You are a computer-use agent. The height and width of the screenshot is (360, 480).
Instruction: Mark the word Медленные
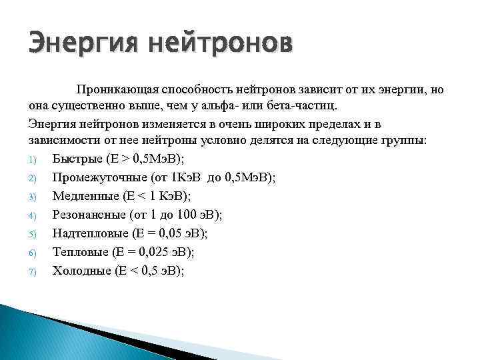click(x=85, y=196)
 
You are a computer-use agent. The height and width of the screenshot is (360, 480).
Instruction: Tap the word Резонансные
click(x=88, y=215)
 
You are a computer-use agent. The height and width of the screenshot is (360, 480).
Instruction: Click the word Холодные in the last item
click(x=81, y=271)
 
